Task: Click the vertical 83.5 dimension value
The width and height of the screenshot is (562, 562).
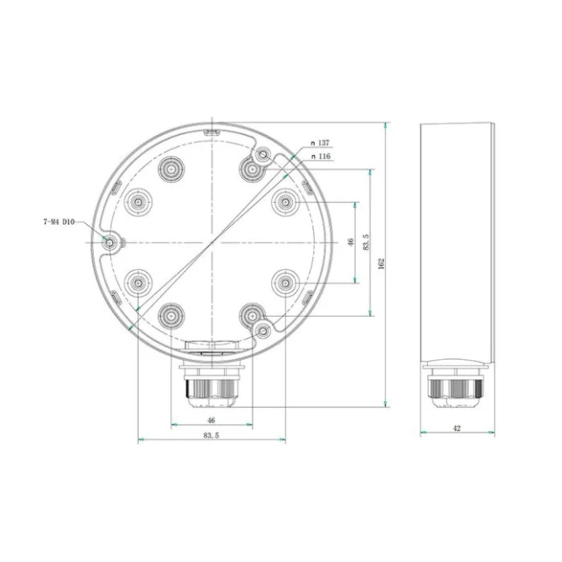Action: [x=365, y=242]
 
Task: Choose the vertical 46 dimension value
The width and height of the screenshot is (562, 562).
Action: [x=350, y=242]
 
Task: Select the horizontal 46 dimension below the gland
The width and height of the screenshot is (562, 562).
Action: [x=211, y=420]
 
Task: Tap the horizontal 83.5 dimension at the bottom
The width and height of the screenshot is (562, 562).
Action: [x=211, y=435]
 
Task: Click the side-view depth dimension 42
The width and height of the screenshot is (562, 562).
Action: [x=457, y=429]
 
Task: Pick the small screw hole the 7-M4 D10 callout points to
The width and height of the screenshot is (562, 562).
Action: [x=110, y=242]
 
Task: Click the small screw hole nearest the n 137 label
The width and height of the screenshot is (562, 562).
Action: [x=263, y=154]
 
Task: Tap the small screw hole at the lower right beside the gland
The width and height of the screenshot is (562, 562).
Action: [x=263, y=329]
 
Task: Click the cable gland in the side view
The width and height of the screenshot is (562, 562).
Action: [x=457, y=386]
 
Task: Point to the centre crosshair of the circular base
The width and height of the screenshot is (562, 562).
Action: [x=210, y=242]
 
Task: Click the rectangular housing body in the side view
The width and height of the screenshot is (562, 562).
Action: [x=457, y=241]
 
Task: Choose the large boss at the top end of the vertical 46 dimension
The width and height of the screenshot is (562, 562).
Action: [x=285, y=202]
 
